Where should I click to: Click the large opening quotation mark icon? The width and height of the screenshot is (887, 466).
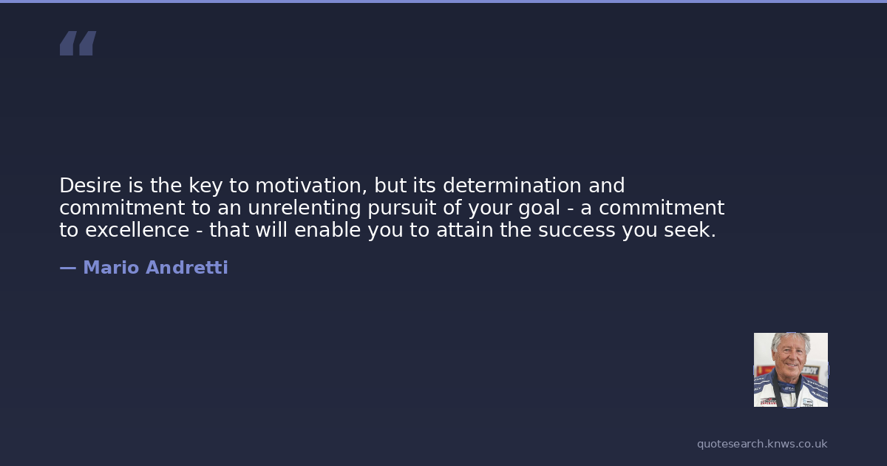[x=78, y=43]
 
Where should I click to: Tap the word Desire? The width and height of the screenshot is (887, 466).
[x=90, y=186]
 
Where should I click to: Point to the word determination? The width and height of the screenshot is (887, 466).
[x=512, y=186]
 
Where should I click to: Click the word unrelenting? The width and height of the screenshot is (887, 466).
[x=305, y=209]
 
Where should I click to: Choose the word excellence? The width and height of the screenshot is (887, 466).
[x=137, y=230]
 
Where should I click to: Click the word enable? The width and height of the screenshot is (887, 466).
[x=327, y=230]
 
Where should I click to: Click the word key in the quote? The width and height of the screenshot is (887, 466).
[x=205, y=186]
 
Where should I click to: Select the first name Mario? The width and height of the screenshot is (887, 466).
[x=112, y=268]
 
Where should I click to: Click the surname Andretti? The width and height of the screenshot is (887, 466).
[x=187, y=268]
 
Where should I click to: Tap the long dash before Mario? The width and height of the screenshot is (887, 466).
[x=68, y=269]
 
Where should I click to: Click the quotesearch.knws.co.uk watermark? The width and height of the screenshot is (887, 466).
[x=762, y=444]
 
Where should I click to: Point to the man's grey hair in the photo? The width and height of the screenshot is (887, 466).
[x=790, y=341]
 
